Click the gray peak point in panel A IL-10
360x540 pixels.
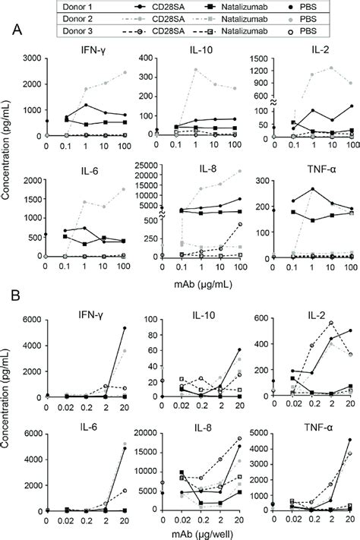196,70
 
